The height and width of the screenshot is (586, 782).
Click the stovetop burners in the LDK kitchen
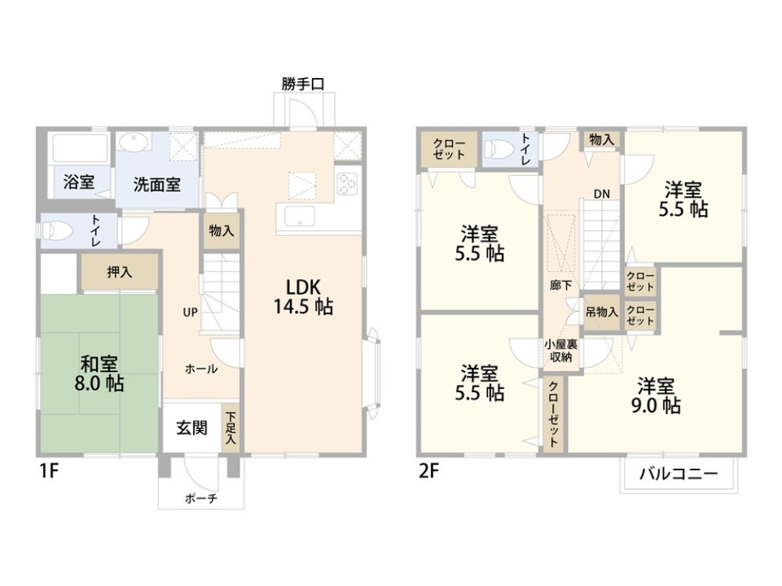click(x=346, y=183)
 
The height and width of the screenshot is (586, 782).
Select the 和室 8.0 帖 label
click(x=100, y=373)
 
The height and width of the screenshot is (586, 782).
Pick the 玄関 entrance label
click(x=191, y=428)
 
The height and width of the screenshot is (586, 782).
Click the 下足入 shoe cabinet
click(x=231, y=428)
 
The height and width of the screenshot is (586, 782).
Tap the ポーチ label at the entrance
click(x=201, y=498)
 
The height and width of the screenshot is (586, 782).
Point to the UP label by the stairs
click(x=190, y=312)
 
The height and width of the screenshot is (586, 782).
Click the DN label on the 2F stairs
click(x=601, y=194)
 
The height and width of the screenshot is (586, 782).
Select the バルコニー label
click(x=678, y=474)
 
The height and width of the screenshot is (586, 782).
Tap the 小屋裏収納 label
click(x=561, y=350)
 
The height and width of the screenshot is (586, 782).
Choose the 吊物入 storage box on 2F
click(x=601, y=312)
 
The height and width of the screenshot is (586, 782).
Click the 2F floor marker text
click(x=428, y=473)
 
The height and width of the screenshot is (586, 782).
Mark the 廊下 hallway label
click(x=561, y=286)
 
